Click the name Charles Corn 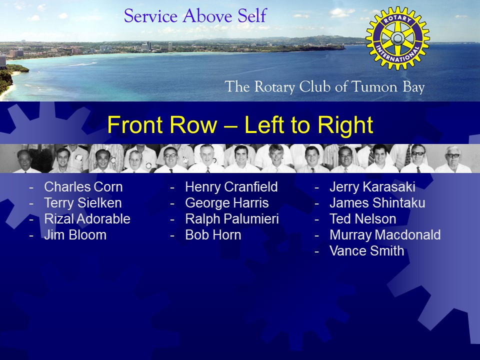click(x=83, y=186)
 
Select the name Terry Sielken click(x=83, y=202)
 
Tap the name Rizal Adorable click(x=87, y=218)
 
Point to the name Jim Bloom click(x=75, y=235)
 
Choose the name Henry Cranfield click(x=231, y=186)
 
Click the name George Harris click(x=227, y=202)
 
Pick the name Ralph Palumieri click(x=232, y=218)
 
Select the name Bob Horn click(x=213, y=235)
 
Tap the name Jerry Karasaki click(x=372, y=186)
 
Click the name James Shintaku click(x=377, y=202)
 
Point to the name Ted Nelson click(x=363, y=218)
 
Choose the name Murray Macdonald click(x=385, y=235)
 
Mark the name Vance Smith click(x=366, y=250)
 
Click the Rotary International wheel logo click(x=397, y=38)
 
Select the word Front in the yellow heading click(x=136, y=124)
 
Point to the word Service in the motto click(x=150, y=16)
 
